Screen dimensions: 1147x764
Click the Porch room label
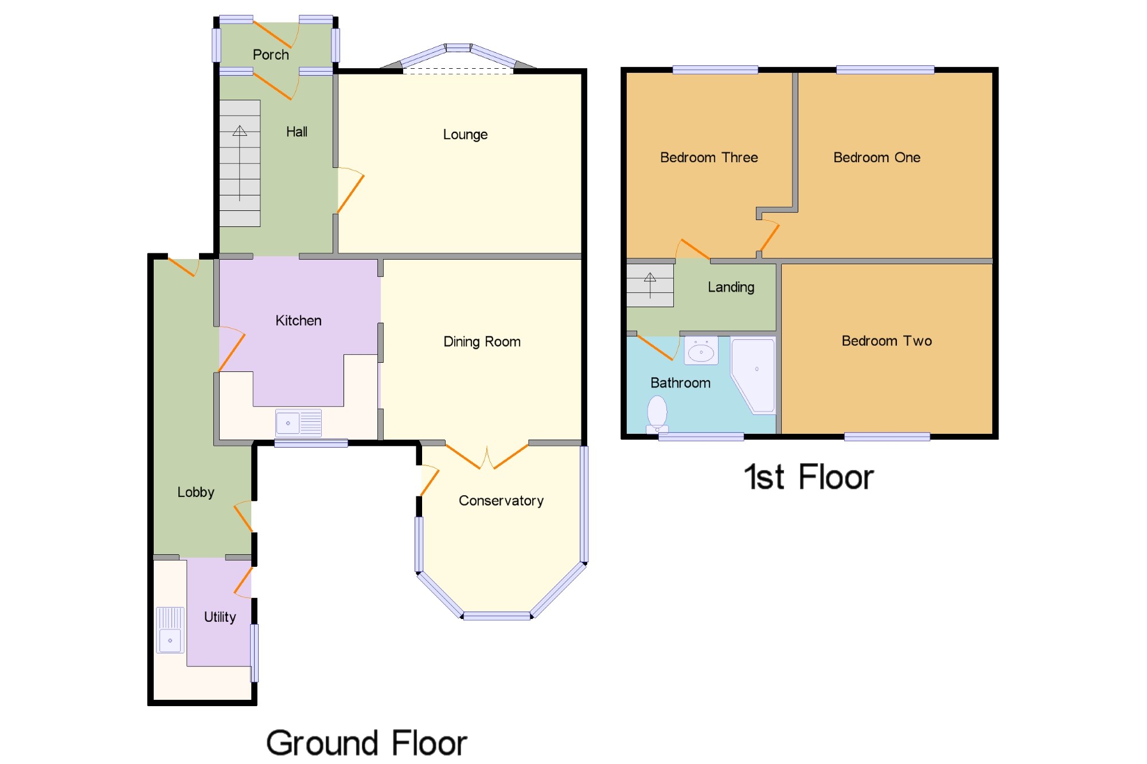(271, 54)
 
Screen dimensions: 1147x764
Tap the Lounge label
(465, 135)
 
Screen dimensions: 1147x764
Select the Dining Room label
(482, 342)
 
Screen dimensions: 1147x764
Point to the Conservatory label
(501, 501)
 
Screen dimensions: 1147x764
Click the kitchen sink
(298, 423)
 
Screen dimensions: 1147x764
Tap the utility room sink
(170, 630)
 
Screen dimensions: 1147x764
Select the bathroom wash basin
(701, 351)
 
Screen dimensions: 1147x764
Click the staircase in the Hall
(240, 163)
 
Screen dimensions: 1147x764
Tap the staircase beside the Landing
(650, 285)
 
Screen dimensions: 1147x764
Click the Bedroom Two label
(887, 341)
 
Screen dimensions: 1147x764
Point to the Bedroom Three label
(709, 158)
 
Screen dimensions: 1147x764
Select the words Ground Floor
(366, 743)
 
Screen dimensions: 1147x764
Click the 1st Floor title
(809, 477)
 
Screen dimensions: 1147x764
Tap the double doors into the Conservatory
(487, 457)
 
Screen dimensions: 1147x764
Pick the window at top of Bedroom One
(885, 70)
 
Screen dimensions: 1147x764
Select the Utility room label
(220, 617)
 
